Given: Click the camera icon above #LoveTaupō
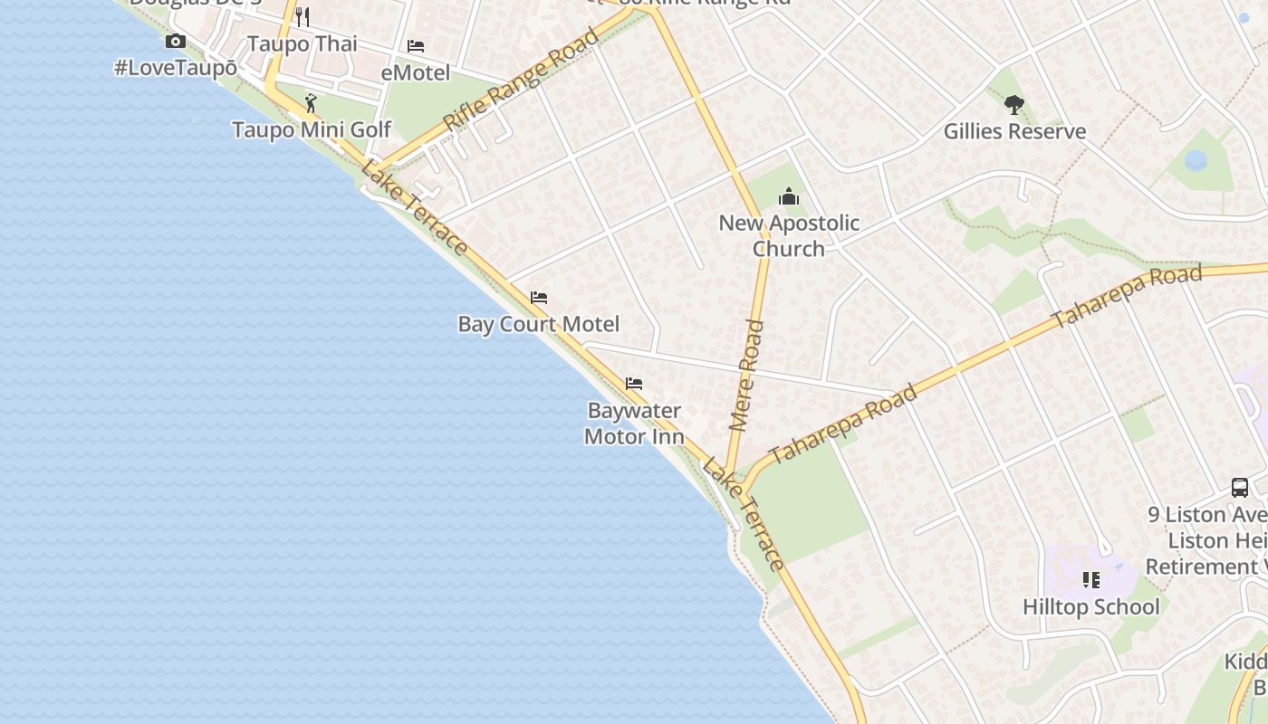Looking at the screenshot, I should coord(176,42).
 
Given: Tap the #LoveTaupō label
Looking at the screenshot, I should coord(176,68).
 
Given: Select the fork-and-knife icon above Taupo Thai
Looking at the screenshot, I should coord(303,17).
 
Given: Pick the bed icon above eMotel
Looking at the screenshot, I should coord(416,46).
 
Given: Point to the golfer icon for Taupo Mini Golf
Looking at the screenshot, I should coord(312,103).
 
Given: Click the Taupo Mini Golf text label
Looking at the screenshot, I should coord(312,129).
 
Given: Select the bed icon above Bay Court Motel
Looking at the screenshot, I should coord(539,298).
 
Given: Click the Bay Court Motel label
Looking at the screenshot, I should coord(539,324).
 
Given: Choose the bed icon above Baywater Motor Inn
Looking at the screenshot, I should coord(634,384).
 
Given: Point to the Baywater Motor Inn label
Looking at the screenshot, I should coord(634,424).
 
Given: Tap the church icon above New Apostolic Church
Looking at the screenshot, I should coord(789,196).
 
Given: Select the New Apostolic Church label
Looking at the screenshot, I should coord(789,235).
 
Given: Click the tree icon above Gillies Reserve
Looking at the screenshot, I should coord(1014,105).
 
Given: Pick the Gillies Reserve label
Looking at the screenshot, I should coord(1014,131).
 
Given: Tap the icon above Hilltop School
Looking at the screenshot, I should coord(1090,580).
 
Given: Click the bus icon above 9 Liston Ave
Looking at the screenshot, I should coord(1240,488).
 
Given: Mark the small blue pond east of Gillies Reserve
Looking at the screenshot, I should coord(1196,161).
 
